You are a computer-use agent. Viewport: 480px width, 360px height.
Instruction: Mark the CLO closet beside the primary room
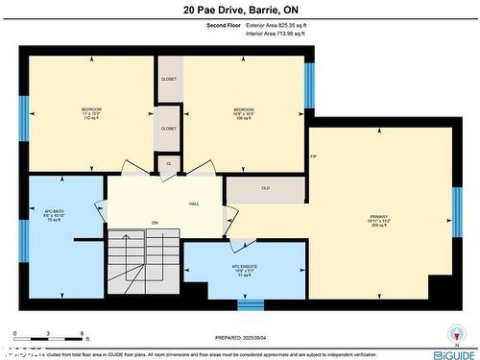pyautogui.click(x=265, y=188)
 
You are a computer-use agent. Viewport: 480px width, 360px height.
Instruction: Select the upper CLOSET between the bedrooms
pyautogui.click(x=169, y=79)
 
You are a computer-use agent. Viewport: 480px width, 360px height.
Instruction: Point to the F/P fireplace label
pyautogui.click(x=312, y=157)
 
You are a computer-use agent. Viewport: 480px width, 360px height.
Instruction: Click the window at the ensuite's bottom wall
pyautogui.click(x=252, y=305)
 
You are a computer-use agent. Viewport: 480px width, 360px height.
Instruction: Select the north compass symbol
pyautogui.click(x=456, y=337)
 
